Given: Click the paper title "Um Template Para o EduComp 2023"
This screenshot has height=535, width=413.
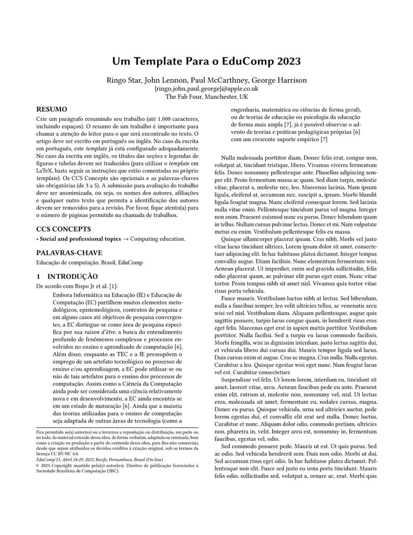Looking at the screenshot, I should tap(206, 61).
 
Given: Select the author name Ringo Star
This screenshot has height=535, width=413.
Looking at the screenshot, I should tap(123, 80).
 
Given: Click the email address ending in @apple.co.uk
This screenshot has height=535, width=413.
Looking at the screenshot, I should tap(206, 88).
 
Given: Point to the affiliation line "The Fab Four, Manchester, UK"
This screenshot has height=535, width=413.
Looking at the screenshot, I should tap(206, 96).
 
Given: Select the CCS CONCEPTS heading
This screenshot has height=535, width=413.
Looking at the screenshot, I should tap(63, 228).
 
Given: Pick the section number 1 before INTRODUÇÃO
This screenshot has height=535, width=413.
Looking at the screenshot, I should tap(37, 276).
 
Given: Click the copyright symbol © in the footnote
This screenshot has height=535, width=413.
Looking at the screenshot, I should tap(37, 466).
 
